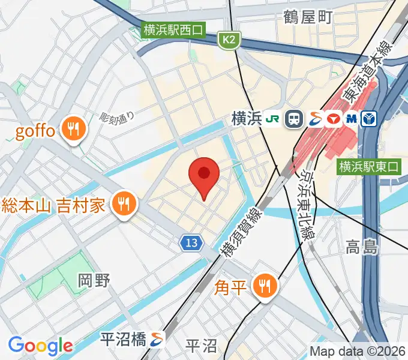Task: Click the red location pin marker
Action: pos(204,175)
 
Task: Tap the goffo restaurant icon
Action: pos(75,130)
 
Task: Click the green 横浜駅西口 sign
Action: pos(174,29)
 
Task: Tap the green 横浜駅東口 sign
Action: pos(368,166)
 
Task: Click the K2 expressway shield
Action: pos(229,40)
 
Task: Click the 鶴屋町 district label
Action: pos(308,17)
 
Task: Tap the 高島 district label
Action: pos(362,246)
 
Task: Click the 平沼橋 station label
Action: pos(124,339)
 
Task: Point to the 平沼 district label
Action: pos(200,346)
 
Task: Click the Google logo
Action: pos(40,346)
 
